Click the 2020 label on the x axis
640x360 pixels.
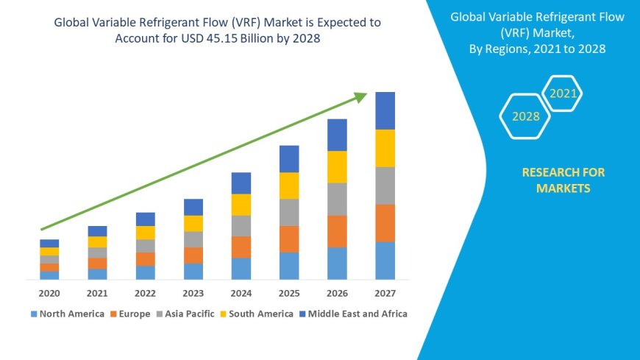click(x=49, y=293)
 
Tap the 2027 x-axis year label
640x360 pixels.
click(x=385, y=293)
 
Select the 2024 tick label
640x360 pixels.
click(x=241, y=293)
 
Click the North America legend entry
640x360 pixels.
click(x=67, y=314)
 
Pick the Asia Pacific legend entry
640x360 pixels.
click(x=186, y=314)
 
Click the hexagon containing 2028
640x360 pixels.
click(x=525, y=116)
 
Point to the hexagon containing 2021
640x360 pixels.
click(x=563, y=93)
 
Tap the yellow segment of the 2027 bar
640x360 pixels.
click(x=385, y=148)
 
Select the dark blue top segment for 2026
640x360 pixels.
click(x=337, y=135)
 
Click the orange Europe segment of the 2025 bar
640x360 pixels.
click(x=289, y=239)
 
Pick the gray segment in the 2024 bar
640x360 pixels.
click(x=241, y=225)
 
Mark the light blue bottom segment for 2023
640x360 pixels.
click(x=193, y=271)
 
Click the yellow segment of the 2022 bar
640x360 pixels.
click(x=146, y=233)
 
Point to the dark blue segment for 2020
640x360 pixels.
click(x=49, y=243)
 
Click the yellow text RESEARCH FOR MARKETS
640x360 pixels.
click(x=563, y=180)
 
